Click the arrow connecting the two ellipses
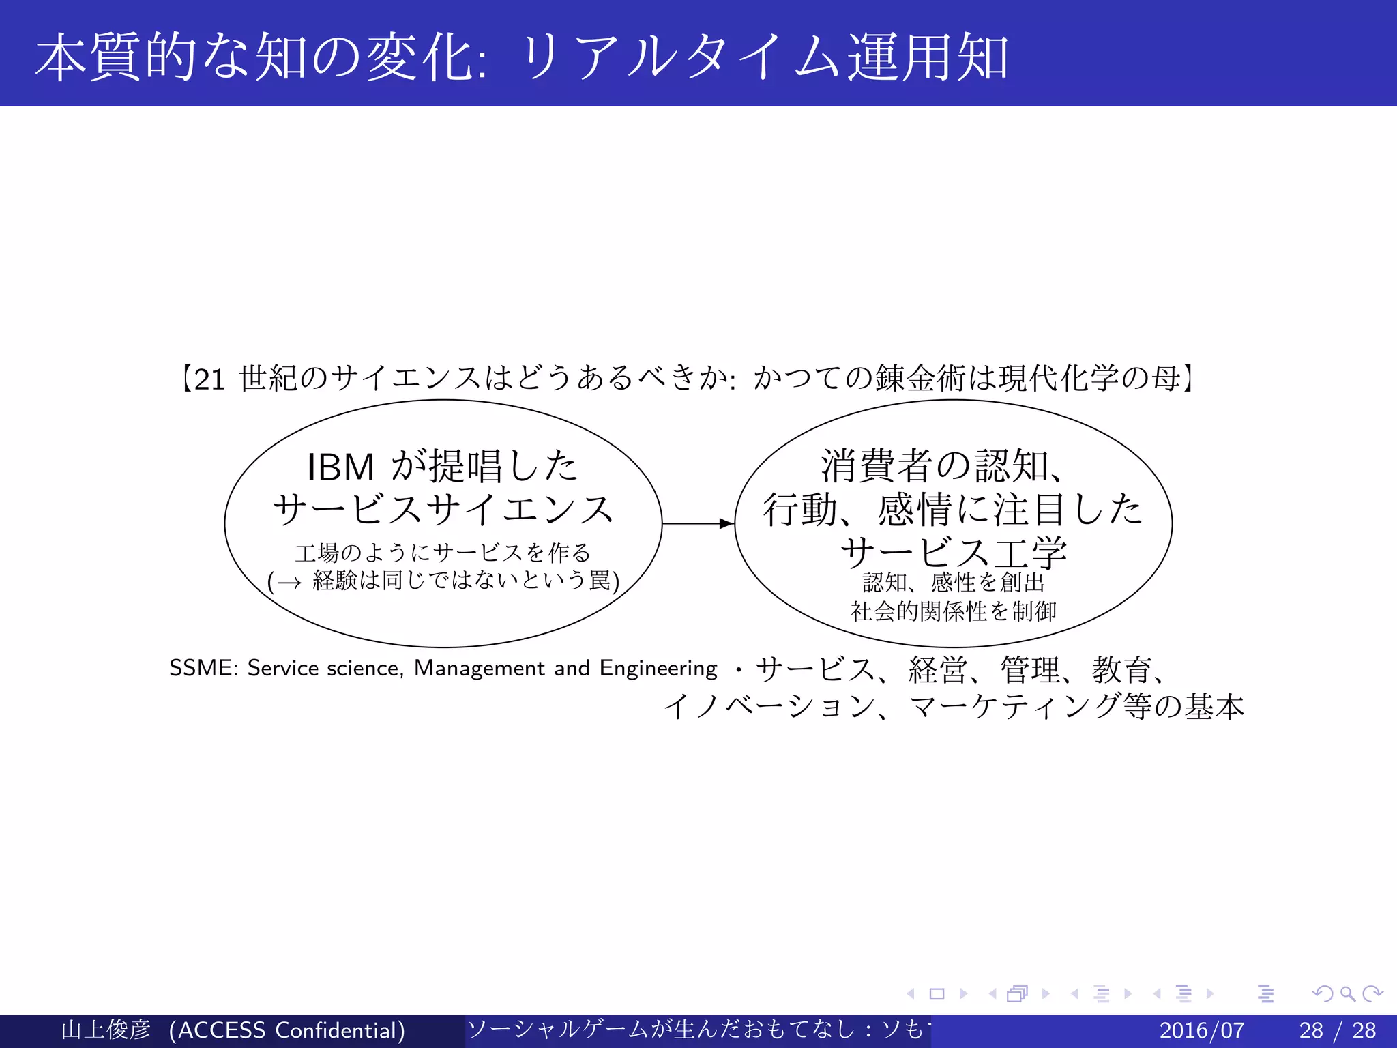coord(697,523)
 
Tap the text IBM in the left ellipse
coord(340,467)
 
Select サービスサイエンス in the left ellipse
coord(443,510)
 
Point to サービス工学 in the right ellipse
coord(953,552)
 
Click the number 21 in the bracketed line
coord(209,379)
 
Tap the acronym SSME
coord(200,668)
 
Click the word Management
coord(480,668)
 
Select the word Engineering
coord(658,668)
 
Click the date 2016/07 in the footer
coord(1201,1030)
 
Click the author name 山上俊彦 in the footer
coord(105,1030)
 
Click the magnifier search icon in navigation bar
coord(1347,993)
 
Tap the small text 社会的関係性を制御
coord(953,611)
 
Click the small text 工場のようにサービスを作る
coord(443,552)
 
